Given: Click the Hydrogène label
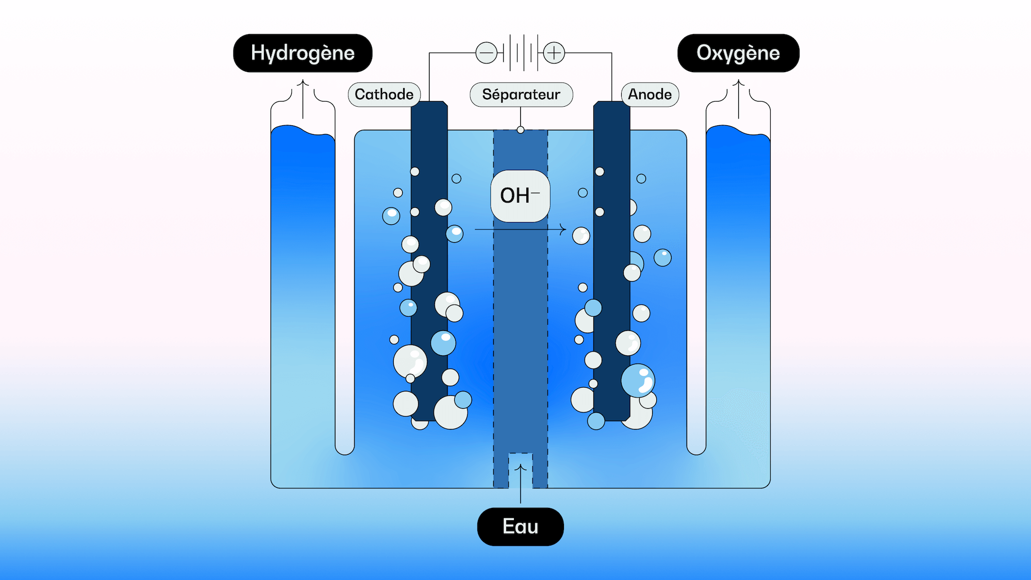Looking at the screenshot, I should [303, 53].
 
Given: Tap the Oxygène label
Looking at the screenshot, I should [738, 53].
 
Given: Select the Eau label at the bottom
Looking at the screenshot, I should [520, 526].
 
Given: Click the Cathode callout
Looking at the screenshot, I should [384, 94].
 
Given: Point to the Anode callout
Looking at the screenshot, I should [650, 94].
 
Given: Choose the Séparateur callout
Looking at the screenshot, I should [521, 94].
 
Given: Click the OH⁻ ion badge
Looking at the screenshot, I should [520, 196].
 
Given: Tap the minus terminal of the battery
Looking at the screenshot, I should [486, 53].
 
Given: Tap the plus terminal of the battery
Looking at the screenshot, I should [554, 53].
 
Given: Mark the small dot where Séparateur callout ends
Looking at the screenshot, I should [521, 130].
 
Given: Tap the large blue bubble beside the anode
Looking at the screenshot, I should [638, 380].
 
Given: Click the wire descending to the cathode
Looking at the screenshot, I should [429, 77].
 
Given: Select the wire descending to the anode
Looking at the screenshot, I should [612, 77].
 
